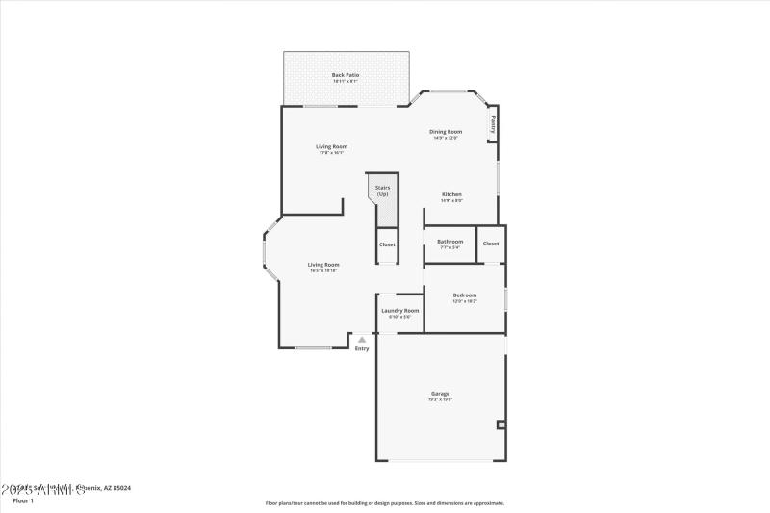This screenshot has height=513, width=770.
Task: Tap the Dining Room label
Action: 446,132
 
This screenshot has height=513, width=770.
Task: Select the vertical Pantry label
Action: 494,123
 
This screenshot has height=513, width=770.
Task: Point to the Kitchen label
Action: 451,194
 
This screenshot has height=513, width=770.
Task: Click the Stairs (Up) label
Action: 382,191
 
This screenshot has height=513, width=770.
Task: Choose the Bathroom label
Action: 449,242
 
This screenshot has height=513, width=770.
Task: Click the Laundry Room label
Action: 399,311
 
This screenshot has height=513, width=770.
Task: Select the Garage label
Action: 440,394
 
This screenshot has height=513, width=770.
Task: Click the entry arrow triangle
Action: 362,340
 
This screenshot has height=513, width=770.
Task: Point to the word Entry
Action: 362,348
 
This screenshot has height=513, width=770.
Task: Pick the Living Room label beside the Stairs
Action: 332,147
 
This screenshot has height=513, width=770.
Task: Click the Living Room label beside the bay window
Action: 323,265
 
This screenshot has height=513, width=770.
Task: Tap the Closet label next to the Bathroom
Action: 491,244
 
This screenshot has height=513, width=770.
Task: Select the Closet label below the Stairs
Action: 387,244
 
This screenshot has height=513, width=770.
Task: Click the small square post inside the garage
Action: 500,423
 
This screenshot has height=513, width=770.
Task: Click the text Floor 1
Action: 23,500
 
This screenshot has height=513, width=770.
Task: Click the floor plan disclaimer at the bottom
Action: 385,502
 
